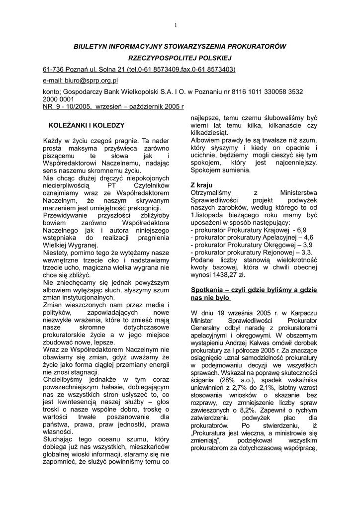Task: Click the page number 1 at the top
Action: click(176, 25)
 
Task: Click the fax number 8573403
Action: click(222, 69)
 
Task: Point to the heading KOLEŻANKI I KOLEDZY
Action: click(86, 125)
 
